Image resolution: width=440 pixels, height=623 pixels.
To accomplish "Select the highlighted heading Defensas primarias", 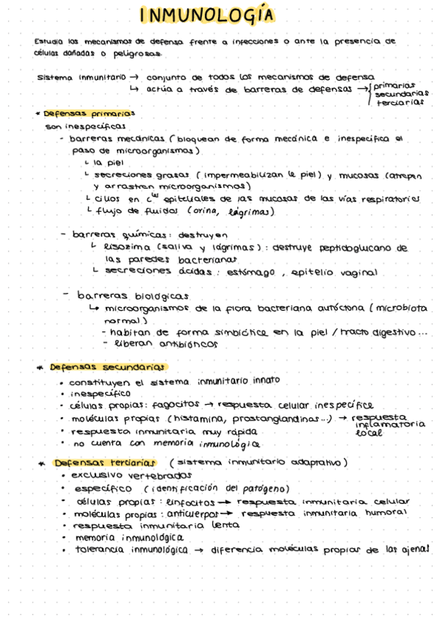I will [89, 115].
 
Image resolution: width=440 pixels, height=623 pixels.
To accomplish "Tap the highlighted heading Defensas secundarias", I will [107, 367].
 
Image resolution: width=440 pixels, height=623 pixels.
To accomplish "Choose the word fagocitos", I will [176, 406].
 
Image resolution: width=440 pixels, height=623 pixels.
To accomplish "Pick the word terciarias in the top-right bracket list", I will [400, 102].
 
